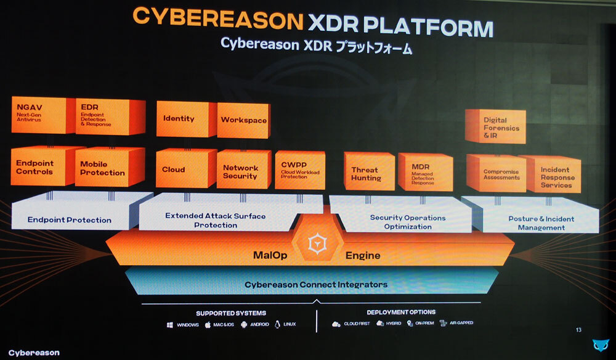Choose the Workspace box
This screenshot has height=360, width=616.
point(243,120)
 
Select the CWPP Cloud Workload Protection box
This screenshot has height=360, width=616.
point(299,170)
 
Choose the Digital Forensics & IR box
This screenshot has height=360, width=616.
point(494,128)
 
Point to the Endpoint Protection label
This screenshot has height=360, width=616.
point(70,220)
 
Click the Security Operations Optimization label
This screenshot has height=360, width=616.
point(407,222)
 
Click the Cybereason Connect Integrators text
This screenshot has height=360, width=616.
point(315,285)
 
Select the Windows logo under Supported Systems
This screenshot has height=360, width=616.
point(170,324)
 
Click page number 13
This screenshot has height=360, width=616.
point(578,330)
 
